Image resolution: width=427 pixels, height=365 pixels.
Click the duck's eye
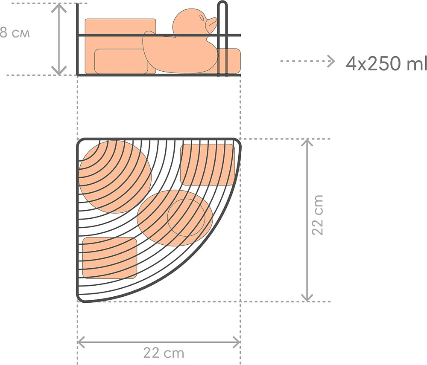202,17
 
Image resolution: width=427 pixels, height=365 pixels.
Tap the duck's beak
212,24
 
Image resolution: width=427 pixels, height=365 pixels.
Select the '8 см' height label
15,33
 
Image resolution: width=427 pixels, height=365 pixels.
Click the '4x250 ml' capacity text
386,64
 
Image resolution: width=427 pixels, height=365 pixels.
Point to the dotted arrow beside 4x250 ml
307,61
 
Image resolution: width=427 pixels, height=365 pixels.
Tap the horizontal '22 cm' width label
164,353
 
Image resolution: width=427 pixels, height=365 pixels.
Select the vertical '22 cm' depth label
318,215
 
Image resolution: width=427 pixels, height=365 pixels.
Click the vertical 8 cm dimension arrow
59,39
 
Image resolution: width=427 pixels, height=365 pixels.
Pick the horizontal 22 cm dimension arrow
159,342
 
